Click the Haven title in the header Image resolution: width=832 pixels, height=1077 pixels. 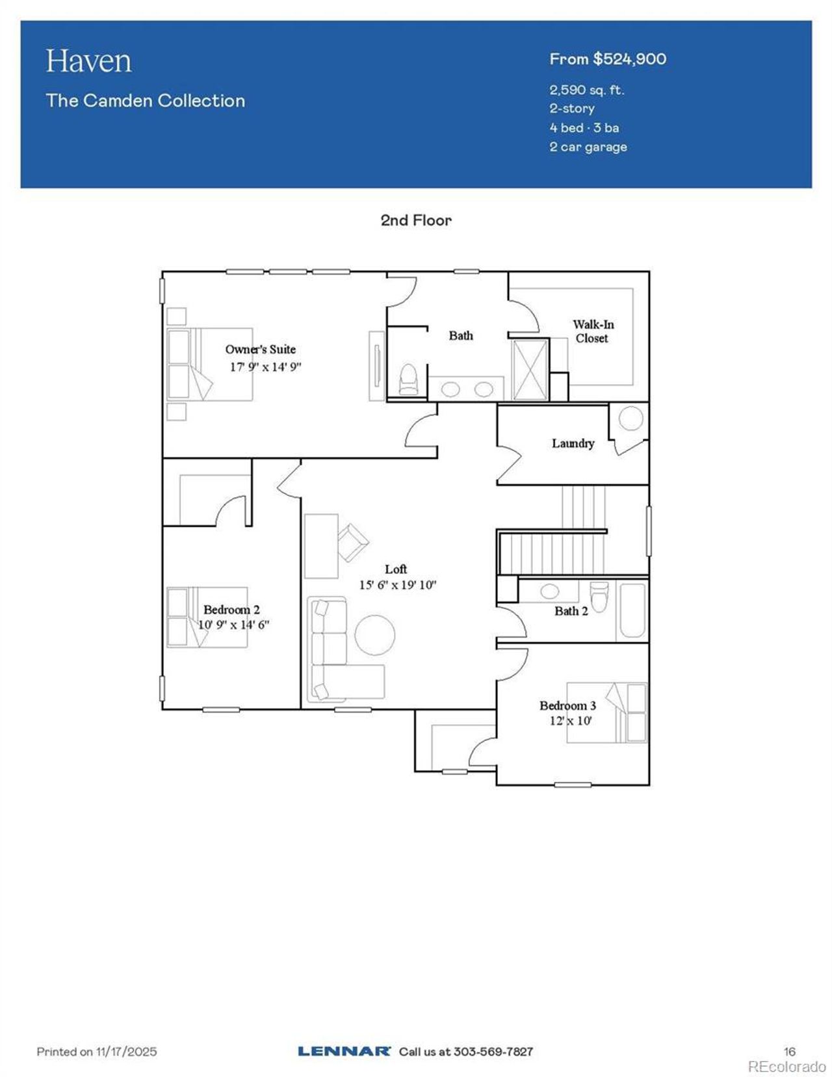(88, 61)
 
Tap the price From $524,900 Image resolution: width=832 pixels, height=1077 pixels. (607, 59)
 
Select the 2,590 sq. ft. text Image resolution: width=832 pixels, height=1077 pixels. (586, 90)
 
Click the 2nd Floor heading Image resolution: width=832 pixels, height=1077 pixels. (416, 220)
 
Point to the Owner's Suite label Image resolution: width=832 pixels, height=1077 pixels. (261, 350)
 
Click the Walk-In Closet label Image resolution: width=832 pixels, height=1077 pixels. (593, 331)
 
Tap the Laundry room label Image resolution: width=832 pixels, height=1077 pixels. (573, 443)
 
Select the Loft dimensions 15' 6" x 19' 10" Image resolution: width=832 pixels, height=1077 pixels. (397, 585)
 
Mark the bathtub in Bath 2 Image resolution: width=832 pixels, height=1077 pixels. (632, 610)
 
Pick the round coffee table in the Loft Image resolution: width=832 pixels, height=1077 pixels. (375, 634)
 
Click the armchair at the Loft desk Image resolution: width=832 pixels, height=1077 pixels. (352, 541)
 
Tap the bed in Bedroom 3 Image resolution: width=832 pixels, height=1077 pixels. (607, 712)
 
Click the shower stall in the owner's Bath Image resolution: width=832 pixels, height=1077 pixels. (530, 369)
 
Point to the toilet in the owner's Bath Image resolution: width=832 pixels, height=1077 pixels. (408, 379)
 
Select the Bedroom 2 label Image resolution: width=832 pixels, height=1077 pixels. (231, 610)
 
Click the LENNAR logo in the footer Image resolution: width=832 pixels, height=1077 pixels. (344, 1051)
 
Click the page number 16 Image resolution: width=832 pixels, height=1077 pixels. (789, 1051)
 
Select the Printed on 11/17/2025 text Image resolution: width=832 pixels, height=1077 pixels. (97, 1051)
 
